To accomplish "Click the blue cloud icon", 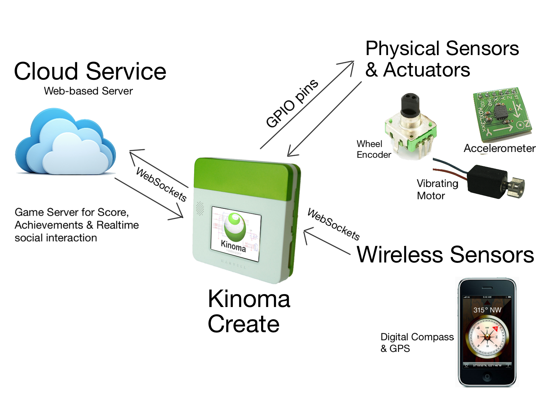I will coord(65,143).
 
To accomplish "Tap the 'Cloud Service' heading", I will coord(90,71).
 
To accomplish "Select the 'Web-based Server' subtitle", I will coord(88,91).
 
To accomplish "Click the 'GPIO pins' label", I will coord(292,103).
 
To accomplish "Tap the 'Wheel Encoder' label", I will coord(373,149).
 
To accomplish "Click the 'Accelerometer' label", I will coord(499,148).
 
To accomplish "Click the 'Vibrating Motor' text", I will coord(437,189).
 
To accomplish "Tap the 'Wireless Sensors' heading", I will coord(445,255).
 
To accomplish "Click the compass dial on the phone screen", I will coord(487,337).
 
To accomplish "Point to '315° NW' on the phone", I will coord(487,310).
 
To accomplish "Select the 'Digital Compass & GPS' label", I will coord(417,342).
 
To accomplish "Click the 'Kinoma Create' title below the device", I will coord(249,311).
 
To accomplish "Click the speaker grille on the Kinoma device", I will coord(200,208).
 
